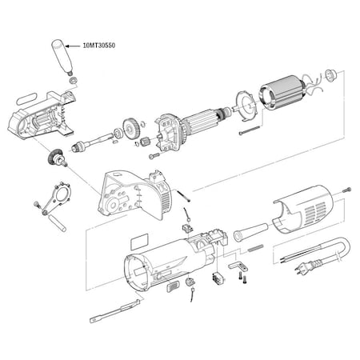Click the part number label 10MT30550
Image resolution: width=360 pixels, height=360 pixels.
99,46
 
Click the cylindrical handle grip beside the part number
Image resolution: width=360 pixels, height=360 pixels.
62,57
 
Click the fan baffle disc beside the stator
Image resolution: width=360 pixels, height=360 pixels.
246,106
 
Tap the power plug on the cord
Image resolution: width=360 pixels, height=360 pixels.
303,267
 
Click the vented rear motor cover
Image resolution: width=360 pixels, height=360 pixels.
302,210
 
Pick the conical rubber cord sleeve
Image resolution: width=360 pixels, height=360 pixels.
250,232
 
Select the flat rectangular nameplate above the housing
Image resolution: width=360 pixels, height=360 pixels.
139,241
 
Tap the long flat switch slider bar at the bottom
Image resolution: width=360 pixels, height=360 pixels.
114,311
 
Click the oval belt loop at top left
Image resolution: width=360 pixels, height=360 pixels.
26,98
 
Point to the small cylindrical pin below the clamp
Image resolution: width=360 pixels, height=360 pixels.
57,223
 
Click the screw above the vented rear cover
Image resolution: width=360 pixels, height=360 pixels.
346,190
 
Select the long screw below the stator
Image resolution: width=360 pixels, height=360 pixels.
249,130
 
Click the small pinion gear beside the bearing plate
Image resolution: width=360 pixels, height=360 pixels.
145,141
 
